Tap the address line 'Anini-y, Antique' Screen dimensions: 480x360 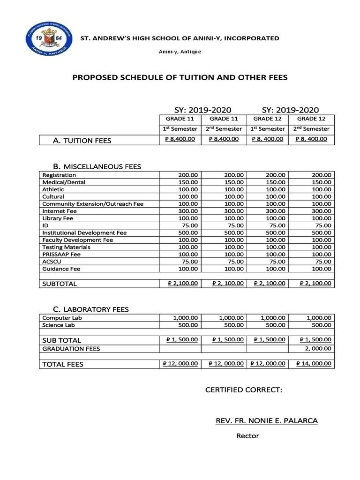click(x=180, y=51)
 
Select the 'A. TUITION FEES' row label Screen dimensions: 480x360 click(x=82, y=140)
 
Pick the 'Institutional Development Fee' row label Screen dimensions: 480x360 click(x=84, y=232)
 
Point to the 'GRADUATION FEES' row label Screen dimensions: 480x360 click(x=71, y=348)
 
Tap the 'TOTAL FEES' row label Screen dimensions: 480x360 click(x=63, y=364)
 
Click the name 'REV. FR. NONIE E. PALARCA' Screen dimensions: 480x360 click(x=266, y=421)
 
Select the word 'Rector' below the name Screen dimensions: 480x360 click(x=247, y=436)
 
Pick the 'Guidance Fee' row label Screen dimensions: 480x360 click(x=61, y=269)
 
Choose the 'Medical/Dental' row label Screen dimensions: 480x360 click(x=64, y=182)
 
